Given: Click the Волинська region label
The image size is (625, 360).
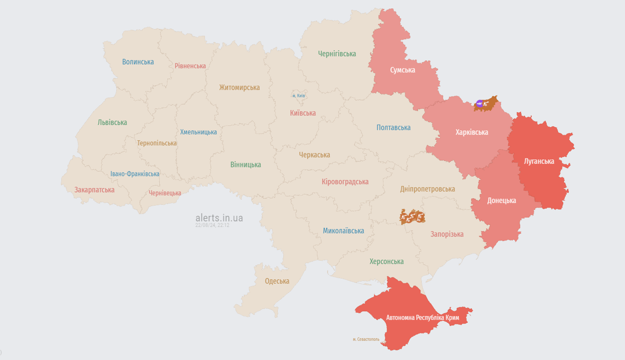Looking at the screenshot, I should [138, 62].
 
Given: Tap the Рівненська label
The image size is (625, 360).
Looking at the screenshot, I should [190, 66].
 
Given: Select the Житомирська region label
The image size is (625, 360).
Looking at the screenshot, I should [239, 88].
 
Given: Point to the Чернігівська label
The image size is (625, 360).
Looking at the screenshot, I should [337, 54].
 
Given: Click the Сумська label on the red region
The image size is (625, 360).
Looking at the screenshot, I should [402, 70].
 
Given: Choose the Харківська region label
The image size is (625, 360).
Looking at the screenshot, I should [471, 132].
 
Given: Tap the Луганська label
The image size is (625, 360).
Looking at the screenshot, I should [539, 161].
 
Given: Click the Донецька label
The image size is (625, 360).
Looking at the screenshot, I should [501, 201].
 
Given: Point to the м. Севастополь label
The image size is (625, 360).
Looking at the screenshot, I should [366, 339].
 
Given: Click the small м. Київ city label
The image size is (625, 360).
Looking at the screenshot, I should [298, 96].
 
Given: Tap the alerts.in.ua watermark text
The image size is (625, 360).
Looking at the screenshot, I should [219, 218].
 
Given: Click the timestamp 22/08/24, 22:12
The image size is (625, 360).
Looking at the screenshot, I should [212, 225].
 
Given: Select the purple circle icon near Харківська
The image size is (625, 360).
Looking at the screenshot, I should [479, 103].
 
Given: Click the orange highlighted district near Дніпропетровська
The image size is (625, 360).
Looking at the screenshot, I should [412, 217].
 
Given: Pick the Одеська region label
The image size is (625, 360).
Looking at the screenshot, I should [277, 281].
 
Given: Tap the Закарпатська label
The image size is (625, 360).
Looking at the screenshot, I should [94, 190].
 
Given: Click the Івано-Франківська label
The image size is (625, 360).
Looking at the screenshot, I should [134, 174].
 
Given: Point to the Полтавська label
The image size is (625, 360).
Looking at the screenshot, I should [393, 127].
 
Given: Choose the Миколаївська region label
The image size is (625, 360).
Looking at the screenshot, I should [343, 231].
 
